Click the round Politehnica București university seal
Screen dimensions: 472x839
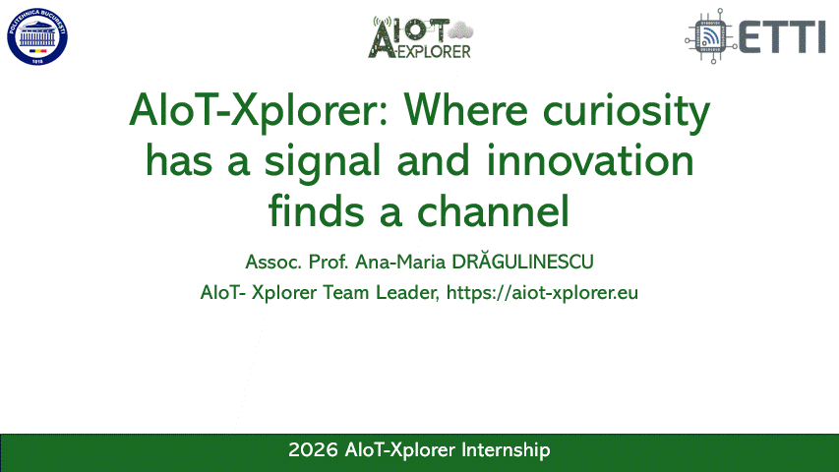click(x=38, y=36)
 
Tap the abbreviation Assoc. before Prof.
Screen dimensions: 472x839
click(x=272, y=263)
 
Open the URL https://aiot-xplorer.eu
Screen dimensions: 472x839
click(x=543, y=293)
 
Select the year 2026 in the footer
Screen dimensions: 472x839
click(x=313, y=450)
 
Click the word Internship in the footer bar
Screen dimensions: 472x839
click(x=504, y=450)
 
